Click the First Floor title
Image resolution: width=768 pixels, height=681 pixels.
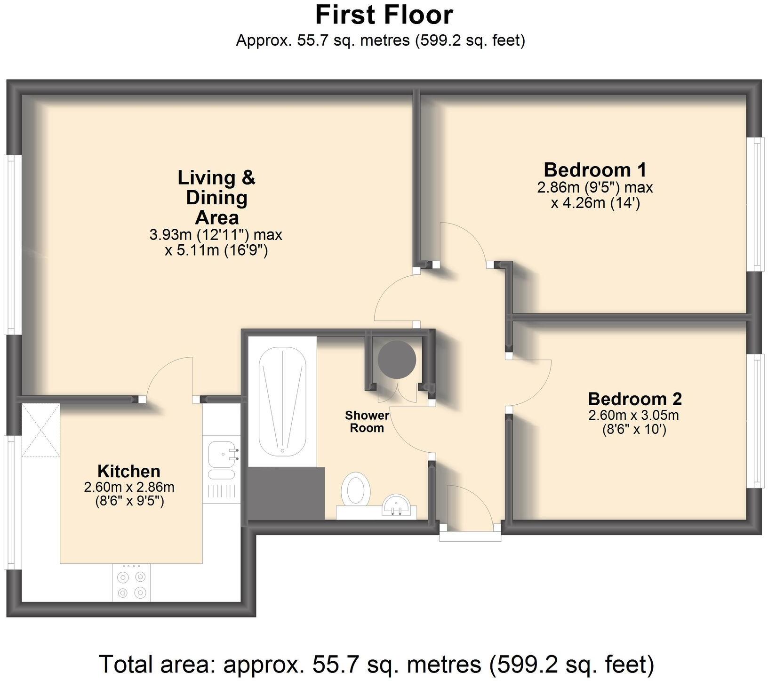pos(384,15)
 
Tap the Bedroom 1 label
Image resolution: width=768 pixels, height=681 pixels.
pos(595,169)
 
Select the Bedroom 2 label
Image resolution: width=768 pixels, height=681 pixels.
pos(634,399)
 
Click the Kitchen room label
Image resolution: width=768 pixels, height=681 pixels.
pos(128,471)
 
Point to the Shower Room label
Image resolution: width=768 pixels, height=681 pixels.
pos(367,422)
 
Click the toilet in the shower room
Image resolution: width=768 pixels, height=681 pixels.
pos(355,489)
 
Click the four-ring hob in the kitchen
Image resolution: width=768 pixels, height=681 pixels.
pos(131,584)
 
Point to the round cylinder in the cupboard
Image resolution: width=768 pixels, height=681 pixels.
pos(397,360)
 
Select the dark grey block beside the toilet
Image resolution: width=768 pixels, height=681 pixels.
pos(286,493)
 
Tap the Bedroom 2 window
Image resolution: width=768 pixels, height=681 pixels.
pos(756,421)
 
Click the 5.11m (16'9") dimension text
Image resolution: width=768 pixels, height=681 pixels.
pos(216,250)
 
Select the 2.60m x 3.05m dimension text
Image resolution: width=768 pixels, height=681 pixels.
pos(633,415)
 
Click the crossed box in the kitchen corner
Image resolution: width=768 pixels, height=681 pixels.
pos(41,430)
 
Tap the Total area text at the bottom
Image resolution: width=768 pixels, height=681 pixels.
pos(376,664)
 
